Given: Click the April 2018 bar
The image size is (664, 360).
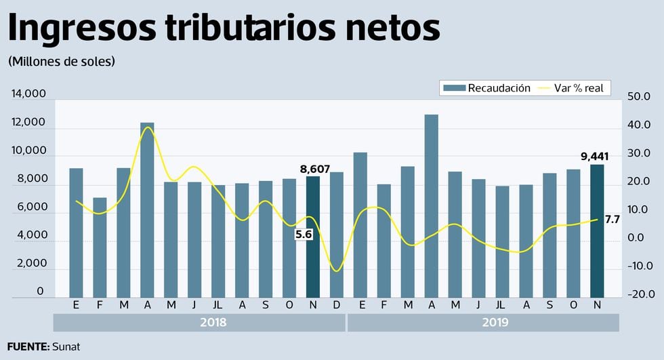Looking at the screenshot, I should pos(147,209).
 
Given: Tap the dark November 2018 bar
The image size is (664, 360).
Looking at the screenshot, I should pos(312,237).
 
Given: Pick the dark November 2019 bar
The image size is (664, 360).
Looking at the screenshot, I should pos(597,231).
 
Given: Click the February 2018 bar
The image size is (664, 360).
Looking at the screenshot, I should pos(100,247).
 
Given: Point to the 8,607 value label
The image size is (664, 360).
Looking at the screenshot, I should pos(314,169).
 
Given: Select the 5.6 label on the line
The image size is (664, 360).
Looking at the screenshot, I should pos(303,234).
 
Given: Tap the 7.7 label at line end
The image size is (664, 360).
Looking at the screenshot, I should pos(613,219).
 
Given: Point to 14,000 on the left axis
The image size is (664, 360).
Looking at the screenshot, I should pos(28,94).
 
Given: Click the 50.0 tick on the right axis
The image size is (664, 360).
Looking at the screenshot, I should pos(639,97).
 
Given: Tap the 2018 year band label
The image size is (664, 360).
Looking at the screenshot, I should pos(213,323).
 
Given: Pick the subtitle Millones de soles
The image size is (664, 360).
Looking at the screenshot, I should pos(62,61).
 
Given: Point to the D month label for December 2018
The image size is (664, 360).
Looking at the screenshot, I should pos(337,305).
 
